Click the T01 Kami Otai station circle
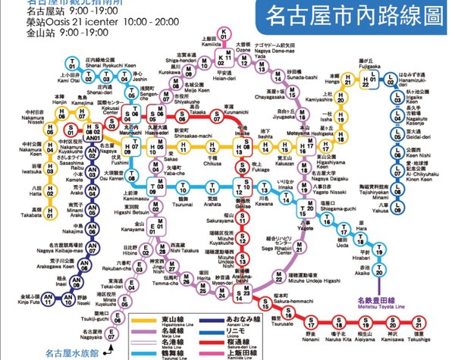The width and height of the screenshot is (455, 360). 71,63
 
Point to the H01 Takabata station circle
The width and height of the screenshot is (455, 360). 49,214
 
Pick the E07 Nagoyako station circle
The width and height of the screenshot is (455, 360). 111,335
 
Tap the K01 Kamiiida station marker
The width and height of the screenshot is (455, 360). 224,33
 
